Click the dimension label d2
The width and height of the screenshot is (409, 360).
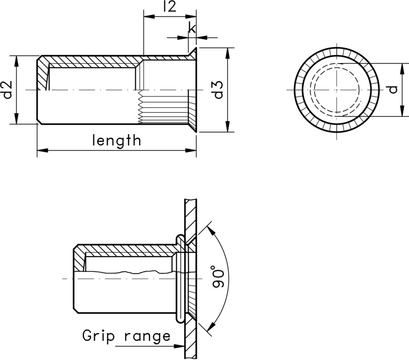point(7,89)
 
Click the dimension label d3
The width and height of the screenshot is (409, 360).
point(218,89)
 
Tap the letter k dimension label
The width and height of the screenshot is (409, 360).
point(192,28)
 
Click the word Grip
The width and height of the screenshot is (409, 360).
point(97,336)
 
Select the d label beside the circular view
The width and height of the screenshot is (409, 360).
point(393,89)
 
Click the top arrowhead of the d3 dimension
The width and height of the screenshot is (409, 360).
point(227,51)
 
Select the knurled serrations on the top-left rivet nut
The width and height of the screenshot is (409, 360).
point(164,107)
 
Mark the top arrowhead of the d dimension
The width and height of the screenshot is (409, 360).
point(402,67)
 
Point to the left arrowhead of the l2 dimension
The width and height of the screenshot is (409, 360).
point(147,17)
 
